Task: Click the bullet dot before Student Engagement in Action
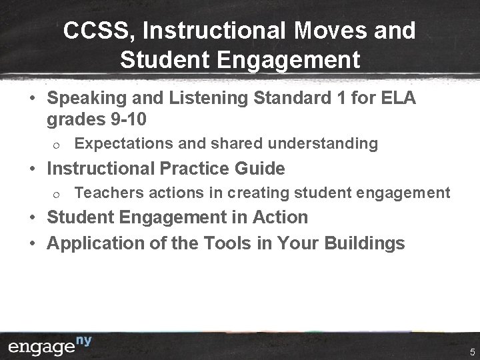tap(32, 217)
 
